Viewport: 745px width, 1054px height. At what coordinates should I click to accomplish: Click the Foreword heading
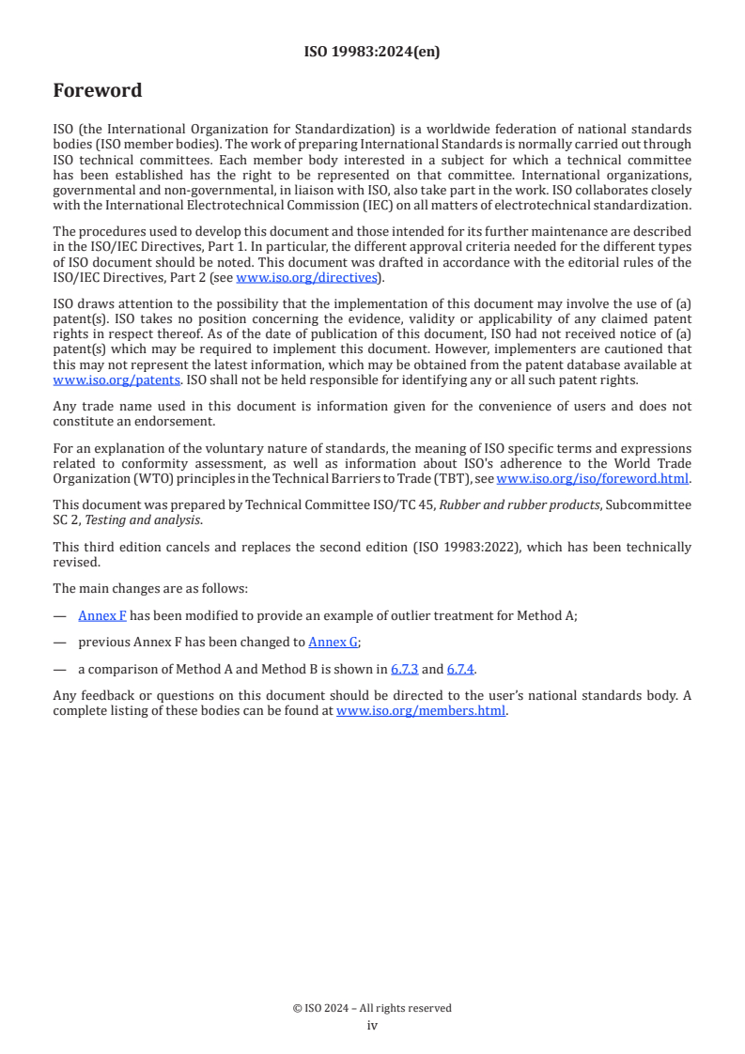(98, 91)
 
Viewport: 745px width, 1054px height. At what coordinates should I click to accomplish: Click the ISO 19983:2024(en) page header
(372, 52)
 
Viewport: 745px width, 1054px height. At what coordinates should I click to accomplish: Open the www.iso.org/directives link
(306, 278)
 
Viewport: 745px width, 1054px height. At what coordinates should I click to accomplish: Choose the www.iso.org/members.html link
(421, 711)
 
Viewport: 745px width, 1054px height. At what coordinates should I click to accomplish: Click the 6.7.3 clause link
(404, 669)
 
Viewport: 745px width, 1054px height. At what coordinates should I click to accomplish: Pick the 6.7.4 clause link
(460, 669)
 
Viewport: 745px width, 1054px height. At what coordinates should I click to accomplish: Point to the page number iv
(372, 1026)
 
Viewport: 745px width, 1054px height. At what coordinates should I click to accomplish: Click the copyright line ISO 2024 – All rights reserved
(372, 1008)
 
